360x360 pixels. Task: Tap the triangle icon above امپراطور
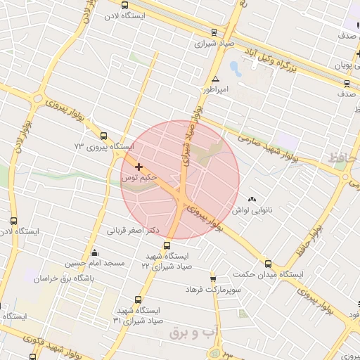click(215, 79)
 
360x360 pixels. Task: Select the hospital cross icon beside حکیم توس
click(139, 167)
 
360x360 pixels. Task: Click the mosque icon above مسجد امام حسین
click(95, 252)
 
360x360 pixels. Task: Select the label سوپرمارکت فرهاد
click(214, 289)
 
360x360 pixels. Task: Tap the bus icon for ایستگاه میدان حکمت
click(268, 264)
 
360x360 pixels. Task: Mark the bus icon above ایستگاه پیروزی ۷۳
click(104, 136)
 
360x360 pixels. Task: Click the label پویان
click(342, 65)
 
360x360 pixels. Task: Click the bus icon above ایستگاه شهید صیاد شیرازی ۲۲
click(167, 245)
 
